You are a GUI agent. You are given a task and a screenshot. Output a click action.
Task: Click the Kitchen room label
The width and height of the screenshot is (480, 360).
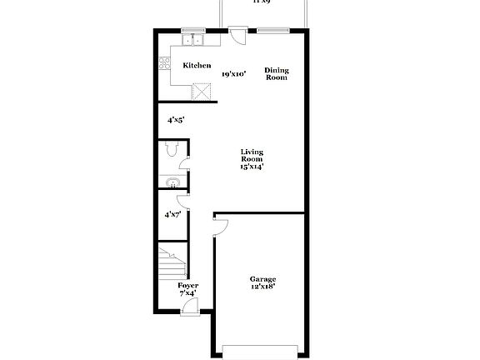pyautogui.click(x=197, y=66)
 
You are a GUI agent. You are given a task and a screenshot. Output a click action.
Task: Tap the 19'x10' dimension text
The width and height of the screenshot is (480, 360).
pyautogui.click(x=233, y=74)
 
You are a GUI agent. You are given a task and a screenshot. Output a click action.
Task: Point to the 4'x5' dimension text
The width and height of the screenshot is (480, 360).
pyautogui.click(x=175, y=120)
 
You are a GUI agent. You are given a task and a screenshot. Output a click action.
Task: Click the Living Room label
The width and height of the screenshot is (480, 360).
pyautogui.click(x=252, y=155)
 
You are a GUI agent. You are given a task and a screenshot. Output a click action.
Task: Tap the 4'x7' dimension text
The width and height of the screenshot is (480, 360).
pyautogui.click(x=172, y=215)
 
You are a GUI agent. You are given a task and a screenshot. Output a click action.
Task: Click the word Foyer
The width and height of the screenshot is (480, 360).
pyautogui.click(x=187, y=286)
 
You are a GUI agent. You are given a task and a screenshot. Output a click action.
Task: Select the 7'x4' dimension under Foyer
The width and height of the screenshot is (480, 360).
pyautogui.click(x=187, y=294)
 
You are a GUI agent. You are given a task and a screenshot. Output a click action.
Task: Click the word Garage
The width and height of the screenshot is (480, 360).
pyautogui.click(x=263, y=278)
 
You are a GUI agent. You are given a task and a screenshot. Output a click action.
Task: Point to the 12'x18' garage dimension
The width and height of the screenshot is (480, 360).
pyautogui.click(x=263, y=287)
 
